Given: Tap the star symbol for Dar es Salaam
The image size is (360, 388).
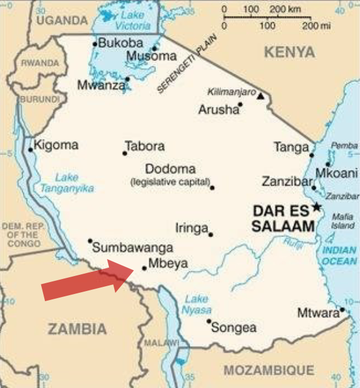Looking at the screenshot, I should tap(316, 208).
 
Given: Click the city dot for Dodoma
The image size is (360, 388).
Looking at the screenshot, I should tap(212, 187).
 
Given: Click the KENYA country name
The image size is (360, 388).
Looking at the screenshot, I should tap(289, 53).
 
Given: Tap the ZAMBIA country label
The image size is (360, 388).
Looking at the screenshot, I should tap(77, 329).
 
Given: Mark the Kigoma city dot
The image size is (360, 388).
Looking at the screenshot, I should tap(30, 150).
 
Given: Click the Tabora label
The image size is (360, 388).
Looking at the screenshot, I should tap(145, 146).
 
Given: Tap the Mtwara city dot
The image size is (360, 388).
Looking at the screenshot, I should tap(342, 310).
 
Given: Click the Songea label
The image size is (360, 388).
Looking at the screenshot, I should tap(234, 328).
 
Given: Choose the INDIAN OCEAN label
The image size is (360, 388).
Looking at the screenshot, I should tap(338, 256).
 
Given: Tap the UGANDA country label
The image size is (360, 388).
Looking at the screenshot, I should tap(62, 20).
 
